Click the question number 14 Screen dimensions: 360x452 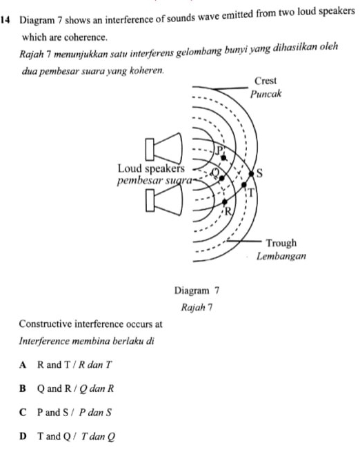6,20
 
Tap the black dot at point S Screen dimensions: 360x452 252,174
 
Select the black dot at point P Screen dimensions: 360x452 223,157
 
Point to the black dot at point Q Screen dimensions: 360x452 221,179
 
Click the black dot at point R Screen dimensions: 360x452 225,202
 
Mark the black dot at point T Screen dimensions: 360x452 244,185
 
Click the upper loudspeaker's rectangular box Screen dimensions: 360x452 150,149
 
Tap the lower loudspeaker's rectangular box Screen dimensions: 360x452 150,201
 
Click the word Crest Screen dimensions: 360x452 266,81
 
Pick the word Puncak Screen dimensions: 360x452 266,94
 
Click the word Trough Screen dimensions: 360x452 281,243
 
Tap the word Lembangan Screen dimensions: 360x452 281,256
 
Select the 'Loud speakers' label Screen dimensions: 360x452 151,168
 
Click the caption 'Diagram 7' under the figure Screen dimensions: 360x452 197,291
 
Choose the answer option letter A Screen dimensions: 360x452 23,365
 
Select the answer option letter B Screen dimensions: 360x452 23,389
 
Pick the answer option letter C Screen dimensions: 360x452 23,413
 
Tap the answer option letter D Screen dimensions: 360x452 23,436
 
